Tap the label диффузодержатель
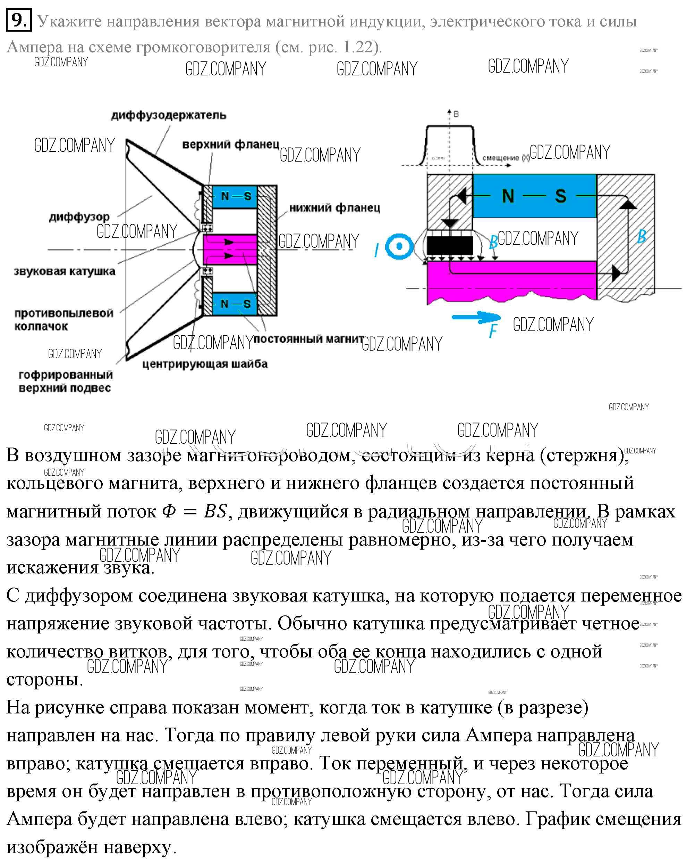(169, 115)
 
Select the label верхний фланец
(231, 144)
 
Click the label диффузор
(79, 217)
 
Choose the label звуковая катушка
(65, 271)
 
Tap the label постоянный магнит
(308, 339)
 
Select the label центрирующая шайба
(205, 364)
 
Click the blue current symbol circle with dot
(399, 246)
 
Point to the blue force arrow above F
(475, 318)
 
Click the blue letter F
(493, 331)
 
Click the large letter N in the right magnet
(508, 196)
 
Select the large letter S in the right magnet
(560, 196)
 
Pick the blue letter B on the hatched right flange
(641, 237)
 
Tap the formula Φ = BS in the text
(195, 511)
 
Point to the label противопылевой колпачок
(64, 319)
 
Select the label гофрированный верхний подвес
(66, 381)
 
